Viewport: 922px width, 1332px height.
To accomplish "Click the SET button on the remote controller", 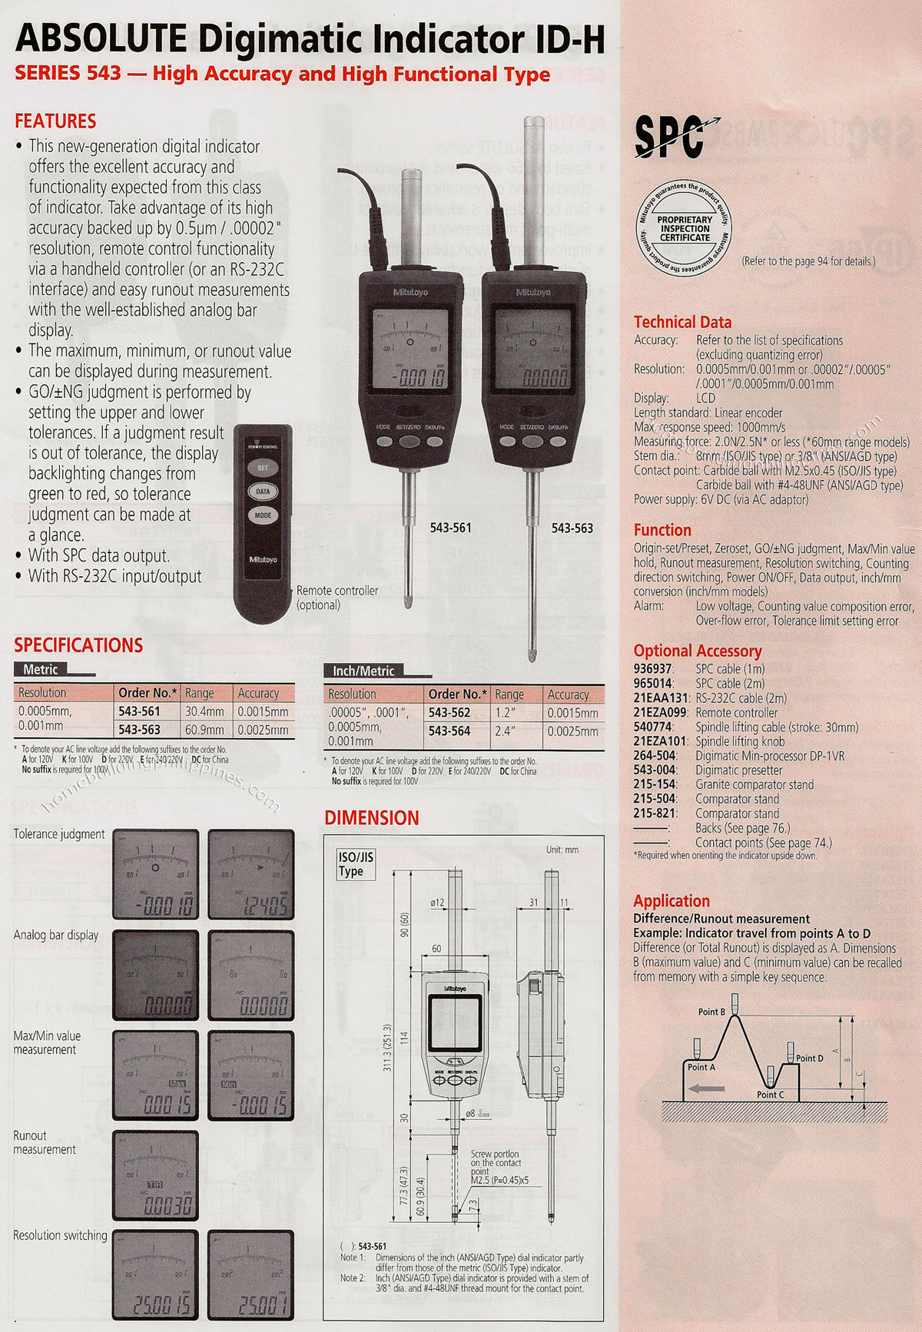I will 263,467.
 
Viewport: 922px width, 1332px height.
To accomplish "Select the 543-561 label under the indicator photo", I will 451,528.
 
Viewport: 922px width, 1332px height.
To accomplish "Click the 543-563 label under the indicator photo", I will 572,528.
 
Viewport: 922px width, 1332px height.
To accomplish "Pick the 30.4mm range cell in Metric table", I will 204,712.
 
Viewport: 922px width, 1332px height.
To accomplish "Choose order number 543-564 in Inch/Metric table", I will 449,731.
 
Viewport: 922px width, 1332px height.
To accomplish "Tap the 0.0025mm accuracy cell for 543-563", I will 264,730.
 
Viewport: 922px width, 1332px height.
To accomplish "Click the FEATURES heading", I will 55,121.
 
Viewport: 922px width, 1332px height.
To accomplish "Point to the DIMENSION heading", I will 372,818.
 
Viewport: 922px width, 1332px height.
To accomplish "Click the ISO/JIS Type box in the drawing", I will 355,864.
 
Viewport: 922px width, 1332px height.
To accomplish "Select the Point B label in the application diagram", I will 711,1012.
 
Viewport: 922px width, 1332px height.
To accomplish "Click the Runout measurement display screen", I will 155,1175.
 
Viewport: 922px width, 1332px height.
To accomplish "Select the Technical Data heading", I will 682,323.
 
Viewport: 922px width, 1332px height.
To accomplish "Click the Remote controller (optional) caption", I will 337,598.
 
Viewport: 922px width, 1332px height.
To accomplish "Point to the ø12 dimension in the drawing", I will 438,903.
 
